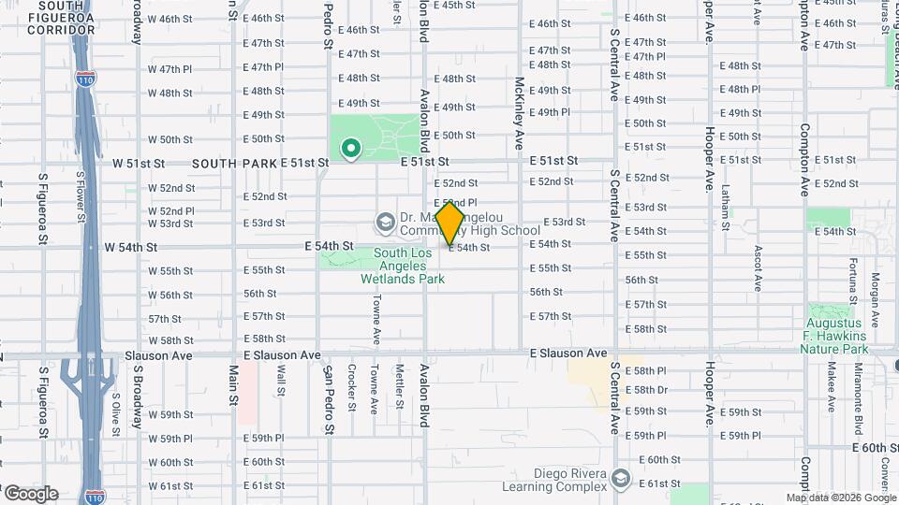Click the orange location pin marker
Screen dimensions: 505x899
tap(450, 223)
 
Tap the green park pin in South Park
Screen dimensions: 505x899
tap(350, 148)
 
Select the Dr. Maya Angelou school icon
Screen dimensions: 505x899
tap(385, 223)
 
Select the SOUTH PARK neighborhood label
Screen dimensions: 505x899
tap(234, 164)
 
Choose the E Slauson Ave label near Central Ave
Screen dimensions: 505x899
tap(568, 353)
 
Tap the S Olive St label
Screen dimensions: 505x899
tap(116, 412)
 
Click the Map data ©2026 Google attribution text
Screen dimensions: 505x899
tap(841, 498)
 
